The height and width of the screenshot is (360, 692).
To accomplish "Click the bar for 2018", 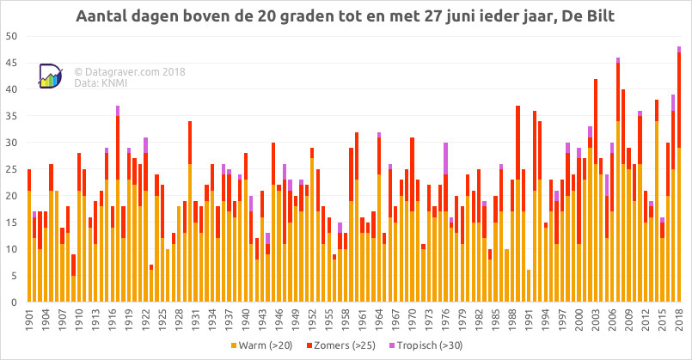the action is [679, 174].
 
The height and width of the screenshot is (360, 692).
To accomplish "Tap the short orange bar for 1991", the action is [529, 286].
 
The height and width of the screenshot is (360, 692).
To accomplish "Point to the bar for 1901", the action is [29, 235].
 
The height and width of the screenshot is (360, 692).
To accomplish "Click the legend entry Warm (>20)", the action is [261, 345].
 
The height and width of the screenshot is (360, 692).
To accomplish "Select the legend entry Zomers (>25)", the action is [341, 345].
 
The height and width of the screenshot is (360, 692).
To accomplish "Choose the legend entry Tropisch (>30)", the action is [426, 345].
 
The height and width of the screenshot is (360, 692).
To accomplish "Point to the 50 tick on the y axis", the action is [11, 36].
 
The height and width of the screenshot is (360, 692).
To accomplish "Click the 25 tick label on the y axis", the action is [11, 169].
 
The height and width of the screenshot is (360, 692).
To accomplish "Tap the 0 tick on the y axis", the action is [14, 302].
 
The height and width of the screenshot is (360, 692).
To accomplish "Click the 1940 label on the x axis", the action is [246, 320].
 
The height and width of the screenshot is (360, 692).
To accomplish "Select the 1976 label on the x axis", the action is [445, 320].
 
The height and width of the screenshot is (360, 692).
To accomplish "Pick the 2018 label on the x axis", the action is [679, 320].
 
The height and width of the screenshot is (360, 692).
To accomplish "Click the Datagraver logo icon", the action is [51, 76].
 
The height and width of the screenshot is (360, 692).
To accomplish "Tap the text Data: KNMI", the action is [101, 83].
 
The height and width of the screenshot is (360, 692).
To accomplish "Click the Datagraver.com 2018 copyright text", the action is [130, 72].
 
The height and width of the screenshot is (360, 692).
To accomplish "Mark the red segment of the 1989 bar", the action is [517, 143].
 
